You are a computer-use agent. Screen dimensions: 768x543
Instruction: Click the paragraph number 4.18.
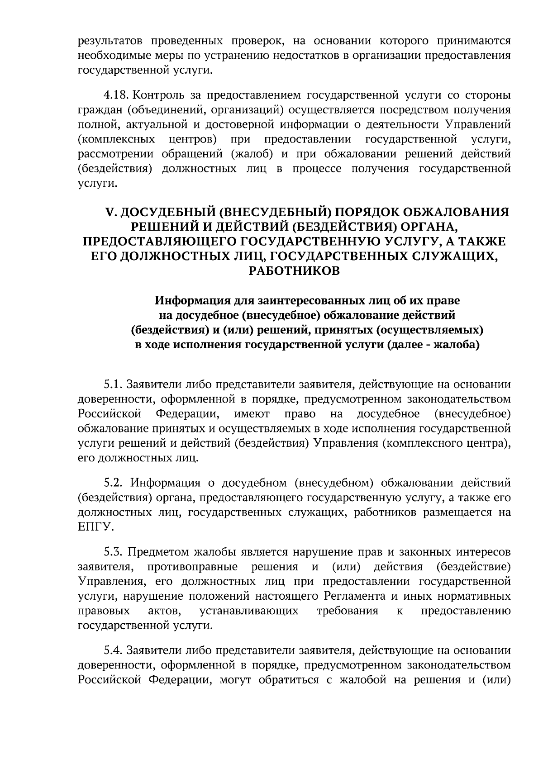116,95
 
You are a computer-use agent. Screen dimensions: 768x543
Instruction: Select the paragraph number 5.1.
113,385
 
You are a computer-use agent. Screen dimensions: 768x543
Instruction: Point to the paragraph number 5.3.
113,552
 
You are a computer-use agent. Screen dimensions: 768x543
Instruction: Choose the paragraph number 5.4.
113,651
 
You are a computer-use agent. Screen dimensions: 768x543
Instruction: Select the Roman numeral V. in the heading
111,212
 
